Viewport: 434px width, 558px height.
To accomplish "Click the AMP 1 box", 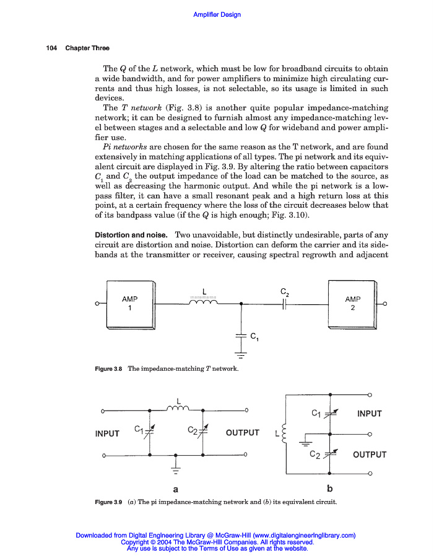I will point(129,304).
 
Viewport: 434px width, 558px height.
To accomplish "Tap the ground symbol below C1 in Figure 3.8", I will point(241,355).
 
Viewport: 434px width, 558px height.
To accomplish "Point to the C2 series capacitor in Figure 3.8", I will point(284,304).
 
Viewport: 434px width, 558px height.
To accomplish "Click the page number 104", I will point(51,48).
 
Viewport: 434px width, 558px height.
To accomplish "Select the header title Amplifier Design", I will point(217,14).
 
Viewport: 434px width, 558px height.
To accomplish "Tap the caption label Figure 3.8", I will point(108,369).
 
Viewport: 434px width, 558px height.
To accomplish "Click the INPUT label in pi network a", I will point(107,433).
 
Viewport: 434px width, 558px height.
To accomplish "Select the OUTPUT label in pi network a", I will point(243,433).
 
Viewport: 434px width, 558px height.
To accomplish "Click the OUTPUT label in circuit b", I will point(370,454).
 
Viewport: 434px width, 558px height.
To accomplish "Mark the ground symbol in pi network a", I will point(176,466).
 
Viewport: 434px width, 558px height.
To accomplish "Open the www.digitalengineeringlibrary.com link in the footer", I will point(304,535).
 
